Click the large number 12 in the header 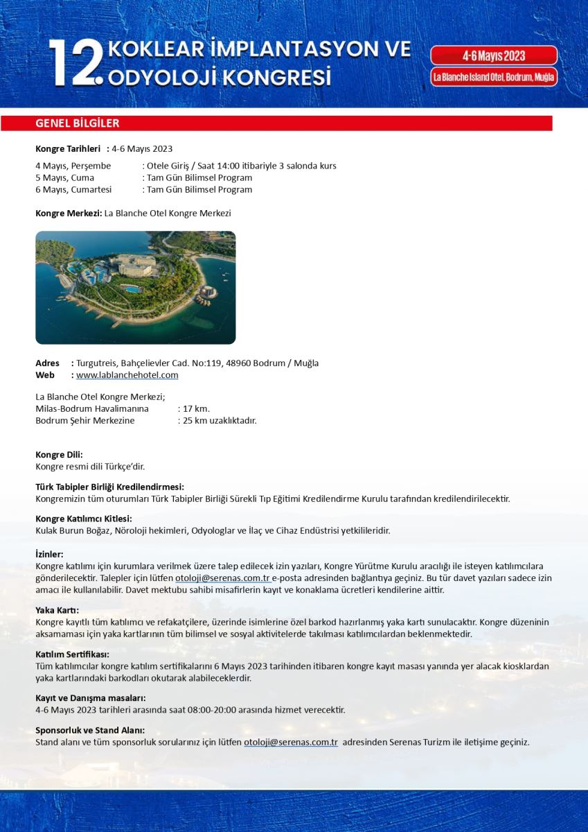coord(75,63)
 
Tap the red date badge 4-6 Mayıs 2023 coord(494,55)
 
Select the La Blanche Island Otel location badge coord(494,77)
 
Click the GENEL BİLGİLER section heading coord(78,123)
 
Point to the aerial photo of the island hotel coord(136,288)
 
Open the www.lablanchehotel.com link coord(127,375)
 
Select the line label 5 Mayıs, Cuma coord(64,177)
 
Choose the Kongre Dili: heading coord(59,455)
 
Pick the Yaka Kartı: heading coord(57,610)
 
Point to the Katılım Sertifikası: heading coord(72,654)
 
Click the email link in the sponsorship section coord(290,742)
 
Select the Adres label coord(47,363)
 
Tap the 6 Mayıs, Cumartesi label coord(73,189)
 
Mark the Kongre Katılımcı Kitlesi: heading coord(83,519)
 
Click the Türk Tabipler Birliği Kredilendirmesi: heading coord(109,487)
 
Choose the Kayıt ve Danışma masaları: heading coord(90,697)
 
